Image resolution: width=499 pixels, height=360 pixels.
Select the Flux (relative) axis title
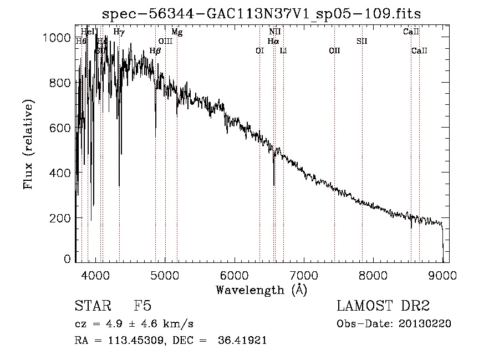pos(28,144)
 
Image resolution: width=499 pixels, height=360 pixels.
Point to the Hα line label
pos(273,41)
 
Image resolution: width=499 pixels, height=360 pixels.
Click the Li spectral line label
pos(283,51)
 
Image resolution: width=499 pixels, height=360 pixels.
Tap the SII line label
pos(362,41)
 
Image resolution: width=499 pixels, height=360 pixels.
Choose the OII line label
pos(334,51)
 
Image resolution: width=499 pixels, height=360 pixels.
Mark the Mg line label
pos(177,32)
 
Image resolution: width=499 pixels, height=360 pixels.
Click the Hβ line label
pos(155,51)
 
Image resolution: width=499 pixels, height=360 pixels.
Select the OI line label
pos(259,51)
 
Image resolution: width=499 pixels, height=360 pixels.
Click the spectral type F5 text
pos(142,306)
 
